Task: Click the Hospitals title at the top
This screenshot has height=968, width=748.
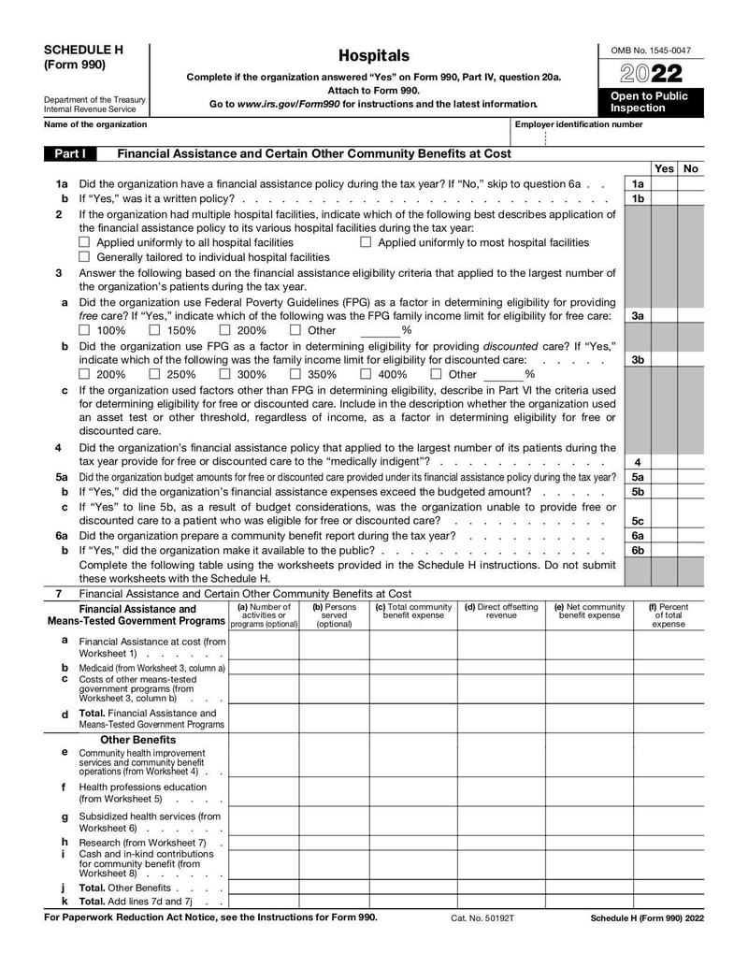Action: [x=373, y=56]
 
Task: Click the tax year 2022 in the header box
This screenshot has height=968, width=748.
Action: [x=649, y=74]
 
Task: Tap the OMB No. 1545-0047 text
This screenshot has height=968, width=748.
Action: [x=651, y=50]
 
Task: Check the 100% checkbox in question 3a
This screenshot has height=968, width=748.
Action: [x=85, y=330]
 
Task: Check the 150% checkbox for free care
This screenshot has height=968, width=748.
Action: [x=155, y=330]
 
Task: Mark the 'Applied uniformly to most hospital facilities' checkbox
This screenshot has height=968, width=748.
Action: [x=366, y=242]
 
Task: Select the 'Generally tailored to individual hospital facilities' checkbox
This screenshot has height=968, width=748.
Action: [x=85, y=257]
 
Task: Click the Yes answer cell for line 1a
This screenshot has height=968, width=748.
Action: [x=664, y=184]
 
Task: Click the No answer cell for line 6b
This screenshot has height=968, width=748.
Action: [x=691, y=551]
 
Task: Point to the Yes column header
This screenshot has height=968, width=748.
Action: [x=664, y=168]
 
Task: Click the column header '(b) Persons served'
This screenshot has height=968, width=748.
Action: [x=334, y=614]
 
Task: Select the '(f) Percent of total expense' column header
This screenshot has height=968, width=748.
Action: [x=668, y=614]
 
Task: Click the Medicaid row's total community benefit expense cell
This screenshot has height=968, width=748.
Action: [x=412, y=668]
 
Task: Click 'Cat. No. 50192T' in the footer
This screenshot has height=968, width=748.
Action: [x=482, y=918]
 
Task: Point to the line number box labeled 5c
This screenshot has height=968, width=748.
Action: [x=637, y=521]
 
